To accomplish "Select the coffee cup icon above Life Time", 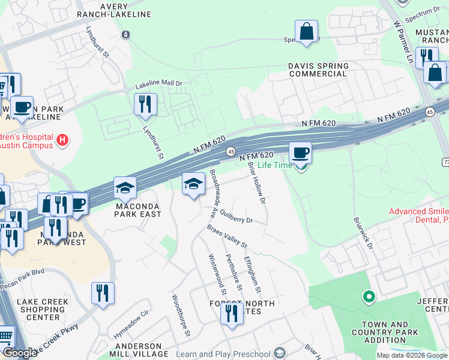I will click(x=300, y=152).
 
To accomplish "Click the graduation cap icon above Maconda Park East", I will click(x=125, y=188).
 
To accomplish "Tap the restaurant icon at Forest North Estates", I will click(x=232, y=313).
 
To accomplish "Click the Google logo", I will click(x=20, y=353).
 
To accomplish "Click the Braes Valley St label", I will click(x=227, y=236).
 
